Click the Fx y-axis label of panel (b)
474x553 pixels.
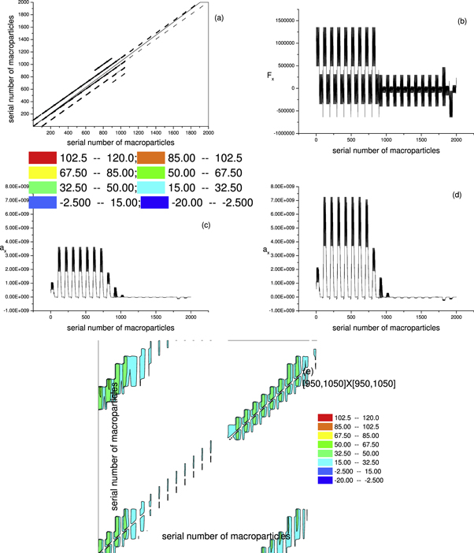[269, 80]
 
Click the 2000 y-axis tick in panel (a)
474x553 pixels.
[19, 3]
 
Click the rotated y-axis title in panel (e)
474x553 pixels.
[115, 456]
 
